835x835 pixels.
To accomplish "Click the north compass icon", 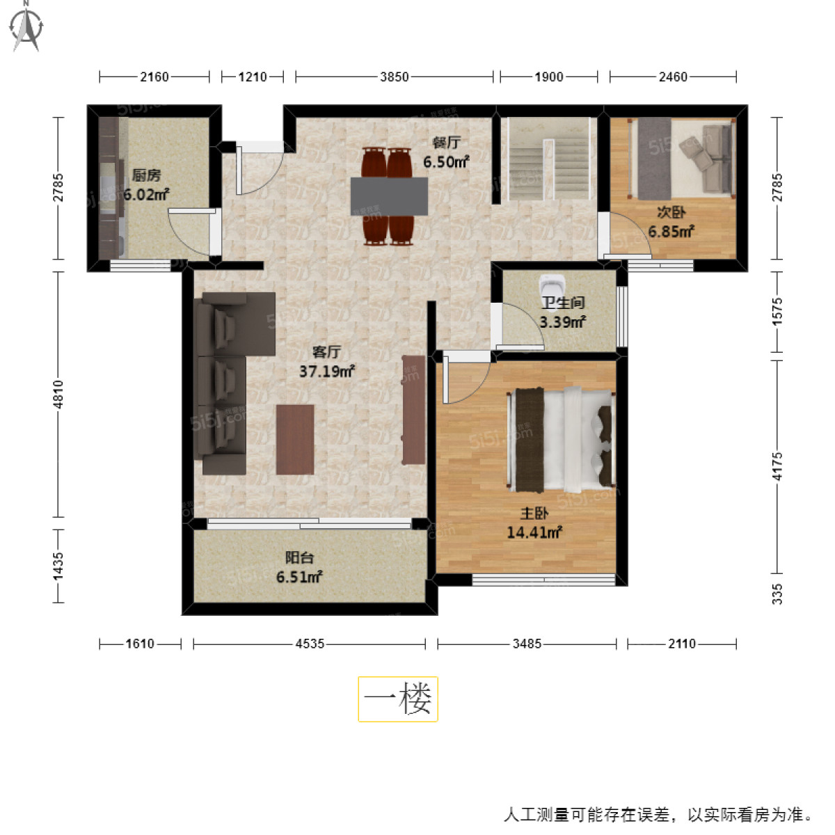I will click(27, 26).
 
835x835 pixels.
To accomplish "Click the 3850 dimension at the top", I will click(394, 77).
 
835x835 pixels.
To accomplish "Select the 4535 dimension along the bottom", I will click(310, 644).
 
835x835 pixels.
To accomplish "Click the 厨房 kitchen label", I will click(146, 175).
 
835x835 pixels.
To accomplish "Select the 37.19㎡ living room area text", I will click(327, 372).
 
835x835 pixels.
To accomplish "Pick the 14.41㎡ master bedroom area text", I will click(534, 533).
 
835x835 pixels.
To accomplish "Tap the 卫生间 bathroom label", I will click(563, 303).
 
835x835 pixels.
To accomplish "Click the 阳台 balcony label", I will click(299, 557).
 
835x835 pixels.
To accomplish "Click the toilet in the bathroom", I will click(552, 286).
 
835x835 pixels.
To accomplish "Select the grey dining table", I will click(389, 196).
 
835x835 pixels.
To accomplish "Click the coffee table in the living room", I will click(294, 439).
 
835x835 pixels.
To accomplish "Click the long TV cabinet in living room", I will click(413, 409).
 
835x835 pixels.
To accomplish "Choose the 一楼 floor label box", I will click(398, 699).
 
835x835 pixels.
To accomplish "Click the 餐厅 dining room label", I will click(446, 143).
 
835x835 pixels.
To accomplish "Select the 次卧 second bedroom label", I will click(671, 212).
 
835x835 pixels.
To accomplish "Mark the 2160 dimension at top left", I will click(154, 77).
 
